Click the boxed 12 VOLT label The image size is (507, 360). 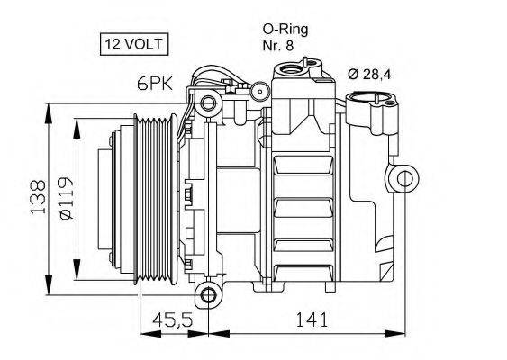tap(131, 42)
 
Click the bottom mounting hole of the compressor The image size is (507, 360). tap(208, 294)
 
